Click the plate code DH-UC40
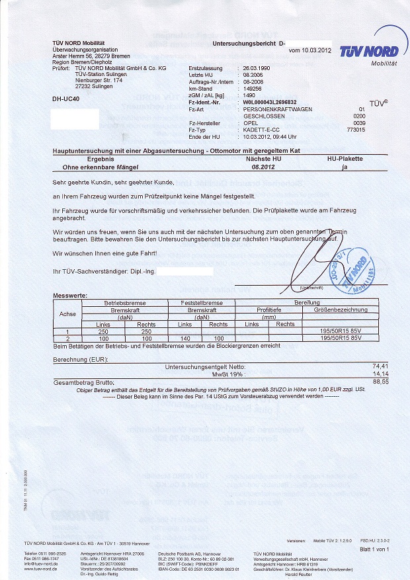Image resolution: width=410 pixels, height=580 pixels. pos(65,99)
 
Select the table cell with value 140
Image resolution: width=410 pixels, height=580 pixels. pos(184,338)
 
